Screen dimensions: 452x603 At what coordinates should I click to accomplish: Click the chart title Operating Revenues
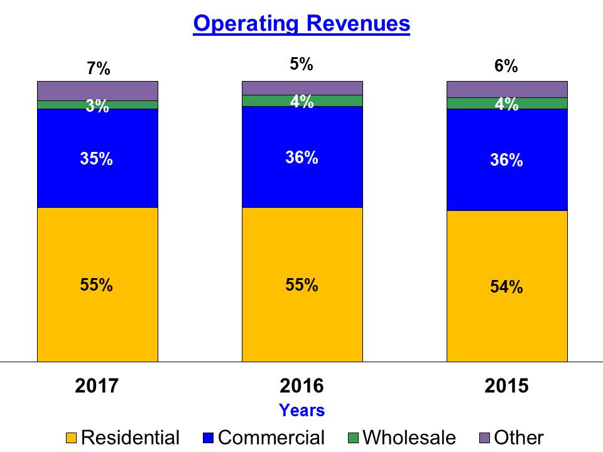pos(301,24)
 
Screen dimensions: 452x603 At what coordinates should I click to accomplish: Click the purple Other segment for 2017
pos(97,90)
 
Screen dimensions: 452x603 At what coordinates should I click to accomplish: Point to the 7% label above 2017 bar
pos(99,69)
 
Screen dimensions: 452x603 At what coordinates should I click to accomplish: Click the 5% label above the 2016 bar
pos(301,64)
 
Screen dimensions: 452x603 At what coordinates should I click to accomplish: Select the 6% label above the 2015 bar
pos(506,66)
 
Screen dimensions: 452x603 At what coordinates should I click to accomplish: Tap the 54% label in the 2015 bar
pos(506,287)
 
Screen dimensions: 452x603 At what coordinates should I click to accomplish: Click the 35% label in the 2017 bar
pos(97,159)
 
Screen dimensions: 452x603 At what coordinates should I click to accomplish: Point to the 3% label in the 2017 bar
pos(98,107)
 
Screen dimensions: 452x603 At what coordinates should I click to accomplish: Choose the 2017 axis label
pos(97,386)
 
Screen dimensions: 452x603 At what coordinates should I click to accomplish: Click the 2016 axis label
pos(301,386)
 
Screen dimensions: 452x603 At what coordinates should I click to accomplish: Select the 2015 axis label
pos(506,386)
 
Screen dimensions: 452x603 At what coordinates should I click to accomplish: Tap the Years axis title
pos(301,411)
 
